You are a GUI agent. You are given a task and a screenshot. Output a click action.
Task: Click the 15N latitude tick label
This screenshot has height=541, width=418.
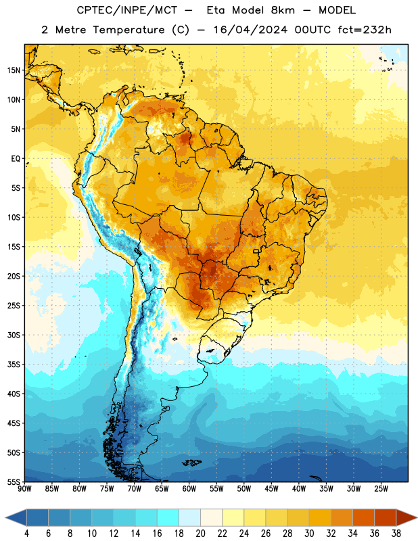click(14, 70)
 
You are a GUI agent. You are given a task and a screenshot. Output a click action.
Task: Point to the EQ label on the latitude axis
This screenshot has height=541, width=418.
click(16, 159)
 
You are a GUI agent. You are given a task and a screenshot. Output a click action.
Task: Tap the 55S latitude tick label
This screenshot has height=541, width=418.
click(14, 482)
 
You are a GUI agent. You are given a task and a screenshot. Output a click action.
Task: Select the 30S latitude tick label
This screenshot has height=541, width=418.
click(14, 335)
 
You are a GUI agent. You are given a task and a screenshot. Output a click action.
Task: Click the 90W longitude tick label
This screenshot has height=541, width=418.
click(24, 488)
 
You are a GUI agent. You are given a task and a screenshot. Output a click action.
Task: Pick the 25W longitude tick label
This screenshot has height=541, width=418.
click(381, 488)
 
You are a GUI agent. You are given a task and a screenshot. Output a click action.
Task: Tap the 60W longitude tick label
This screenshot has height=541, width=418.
click(189, 488)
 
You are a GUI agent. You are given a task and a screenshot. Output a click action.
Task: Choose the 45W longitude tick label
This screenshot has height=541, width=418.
click(271, 488)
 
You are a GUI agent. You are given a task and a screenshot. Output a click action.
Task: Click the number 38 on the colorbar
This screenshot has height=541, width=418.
click(396, 534)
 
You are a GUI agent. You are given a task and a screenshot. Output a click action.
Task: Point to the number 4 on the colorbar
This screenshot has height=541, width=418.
click(26, 534)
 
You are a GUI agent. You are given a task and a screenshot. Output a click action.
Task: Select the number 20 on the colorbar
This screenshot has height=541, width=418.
click(200, 534)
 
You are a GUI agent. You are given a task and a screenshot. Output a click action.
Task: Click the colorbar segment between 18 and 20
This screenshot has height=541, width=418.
click(190, 517)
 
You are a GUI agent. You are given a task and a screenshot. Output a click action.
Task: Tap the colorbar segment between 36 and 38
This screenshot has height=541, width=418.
click(386, 517)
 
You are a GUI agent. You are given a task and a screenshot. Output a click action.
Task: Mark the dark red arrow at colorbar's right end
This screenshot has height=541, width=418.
click(406, 517)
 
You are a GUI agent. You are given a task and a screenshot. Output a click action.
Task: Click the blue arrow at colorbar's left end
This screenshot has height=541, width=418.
click(16, 517)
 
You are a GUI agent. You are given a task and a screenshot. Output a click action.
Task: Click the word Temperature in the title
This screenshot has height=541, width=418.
click(129, 30)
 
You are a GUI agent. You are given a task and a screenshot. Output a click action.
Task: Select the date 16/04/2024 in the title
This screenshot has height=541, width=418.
click(250, 30)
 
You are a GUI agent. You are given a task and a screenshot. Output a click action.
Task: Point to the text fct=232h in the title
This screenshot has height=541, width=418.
click(365, 30)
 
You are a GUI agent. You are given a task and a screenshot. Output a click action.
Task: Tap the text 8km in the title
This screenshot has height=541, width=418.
click(283, 10)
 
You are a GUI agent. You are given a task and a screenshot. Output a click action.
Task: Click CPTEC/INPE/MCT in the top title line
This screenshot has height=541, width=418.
click(127, 10)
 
